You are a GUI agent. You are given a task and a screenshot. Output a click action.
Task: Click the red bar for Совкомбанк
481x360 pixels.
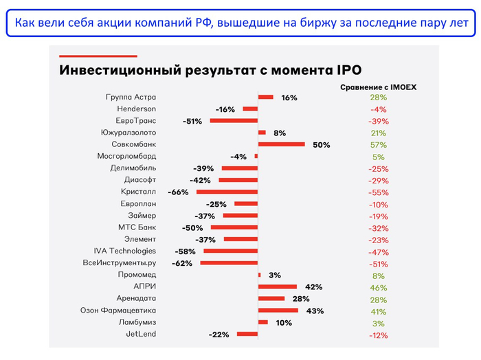pyautogui.click(x=281, y=144)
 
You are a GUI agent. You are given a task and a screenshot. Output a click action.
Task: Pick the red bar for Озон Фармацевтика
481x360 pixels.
pyautogui.click(x=278, y=311)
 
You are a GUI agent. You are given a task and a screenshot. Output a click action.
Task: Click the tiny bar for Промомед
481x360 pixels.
pyautogui.click(x=259, y=275)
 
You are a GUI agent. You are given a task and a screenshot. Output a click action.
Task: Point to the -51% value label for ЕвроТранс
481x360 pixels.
pyautogui.click(x=192, y=121)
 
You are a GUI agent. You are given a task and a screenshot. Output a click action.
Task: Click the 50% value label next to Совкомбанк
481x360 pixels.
pyautogui.click(x=321, y=145)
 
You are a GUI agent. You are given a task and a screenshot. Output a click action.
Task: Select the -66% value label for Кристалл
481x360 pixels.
pyautogui.click(x=179, y=192)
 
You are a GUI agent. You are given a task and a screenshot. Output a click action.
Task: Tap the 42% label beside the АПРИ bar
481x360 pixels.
pyautogui.click(x=313, y=286)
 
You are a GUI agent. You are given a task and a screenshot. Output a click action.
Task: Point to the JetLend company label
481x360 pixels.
pyautogui.click(x=141, y=334)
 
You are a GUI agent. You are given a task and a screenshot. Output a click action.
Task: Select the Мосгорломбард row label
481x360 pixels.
pyautogui.click(x=127, y=156)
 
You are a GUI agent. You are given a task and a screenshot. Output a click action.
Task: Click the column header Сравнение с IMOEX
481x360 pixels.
pyautogui.click(x=378, y=87)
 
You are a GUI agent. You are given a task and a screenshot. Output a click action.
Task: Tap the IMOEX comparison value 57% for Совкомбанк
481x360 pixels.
pyautogui.click(x=378, y=145)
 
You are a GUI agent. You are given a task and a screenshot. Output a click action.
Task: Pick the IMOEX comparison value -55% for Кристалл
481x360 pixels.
pyautogui.click(x=378, y=192)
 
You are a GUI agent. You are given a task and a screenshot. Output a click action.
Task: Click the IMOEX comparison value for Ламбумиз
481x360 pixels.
pyautogui.click(x=378, y=323)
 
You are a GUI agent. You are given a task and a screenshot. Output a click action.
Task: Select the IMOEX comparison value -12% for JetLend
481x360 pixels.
pyautogui.click(x=378, y=335)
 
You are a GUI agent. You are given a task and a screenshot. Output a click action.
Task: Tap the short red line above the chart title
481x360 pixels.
pyautogui.click(x=98, y=56)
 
